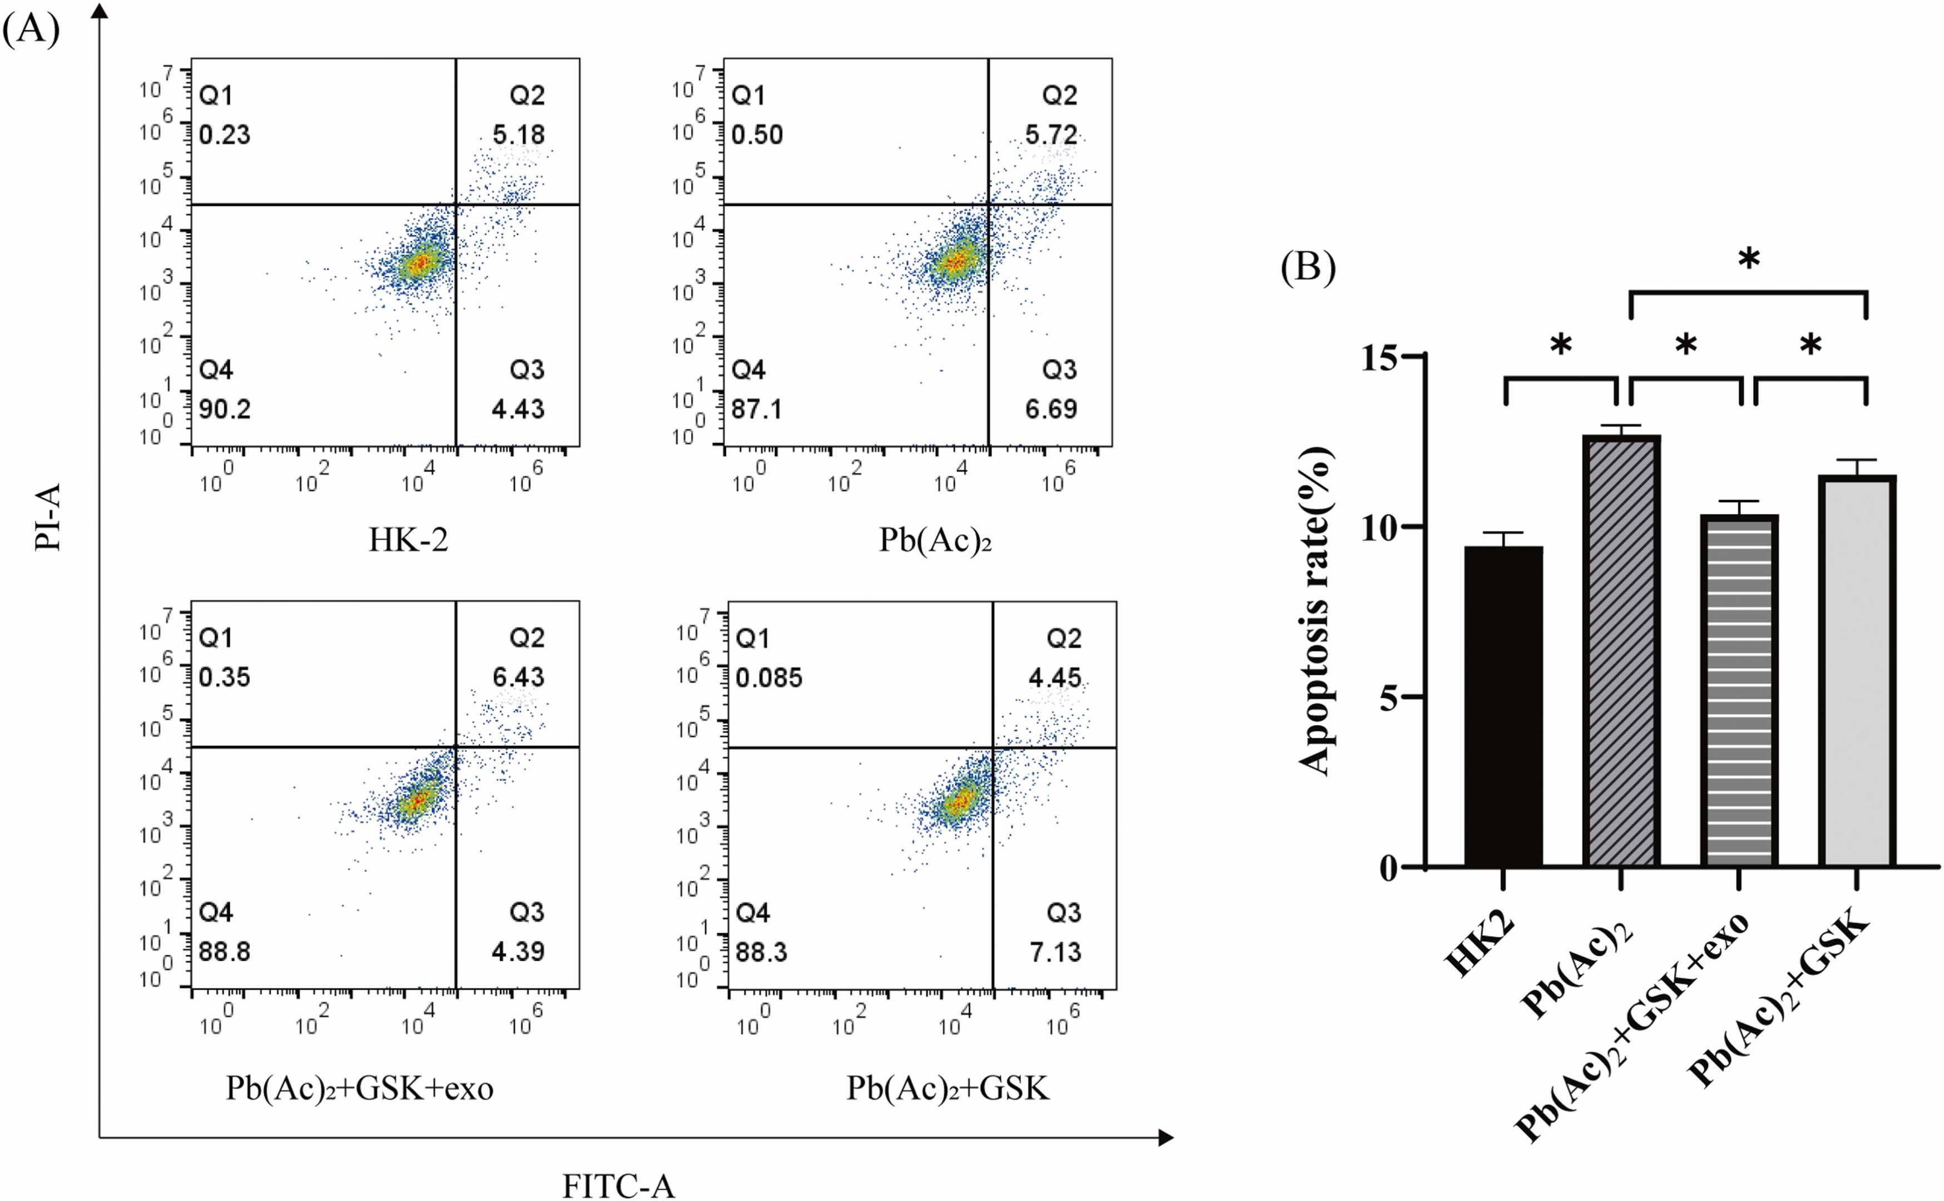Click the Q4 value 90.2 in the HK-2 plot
225,409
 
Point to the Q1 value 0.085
769,678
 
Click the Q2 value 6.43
518,677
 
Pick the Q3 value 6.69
1051,409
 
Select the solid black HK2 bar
1503,707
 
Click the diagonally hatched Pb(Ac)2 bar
1621,651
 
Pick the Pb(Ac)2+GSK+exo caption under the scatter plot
360,1088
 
